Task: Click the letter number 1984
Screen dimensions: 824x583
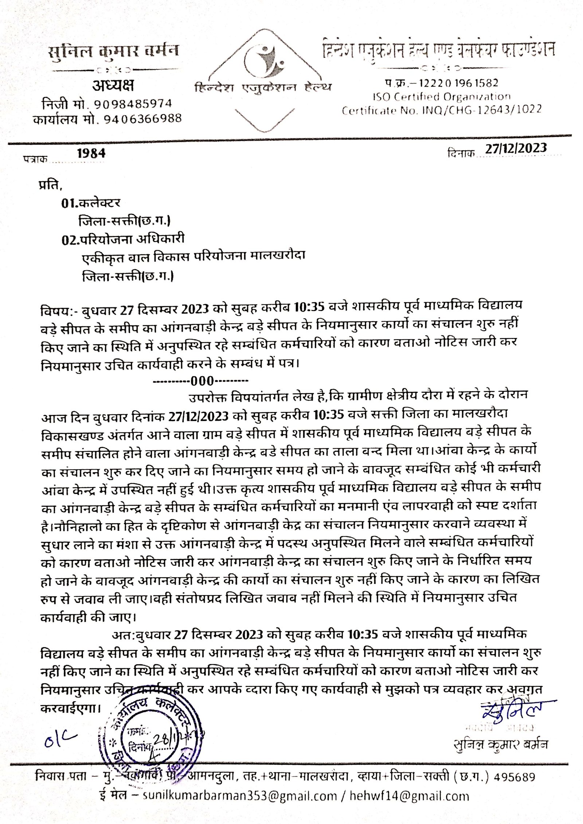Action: pyautogui.click(x=91, y=153)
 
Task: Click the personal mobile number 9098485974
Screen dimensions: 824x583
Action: pyautogui.click(x=133, y=104)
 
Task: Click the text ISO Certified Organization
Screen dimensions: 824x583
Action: pyautogui.click(x=441, y=97)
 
